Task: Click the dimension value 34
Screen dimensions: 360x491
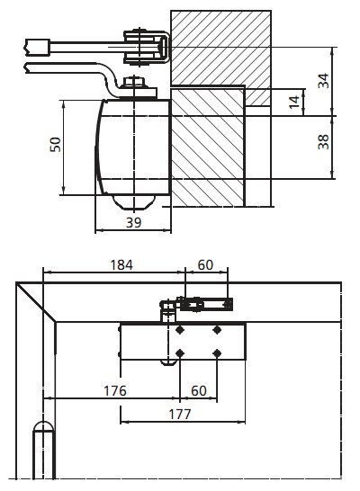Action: [324, 81]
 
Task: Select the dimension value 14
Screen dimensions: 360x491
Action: [294, 103]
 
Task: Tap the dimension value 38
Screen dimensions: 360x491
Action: [324, 142]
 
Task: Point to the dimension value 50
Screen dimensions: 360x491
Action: [56, 145]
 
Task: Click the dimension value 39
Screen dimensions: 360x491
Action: [134, 223]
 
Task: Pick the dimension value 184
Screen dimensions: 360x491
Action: [121, 265]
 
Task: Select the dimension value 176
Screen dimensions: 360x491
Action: [115, 391]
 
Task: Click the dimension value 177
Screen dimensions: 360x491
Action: [180, 415]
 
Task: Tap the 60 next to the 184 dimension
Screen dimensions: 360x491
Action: [205, 265]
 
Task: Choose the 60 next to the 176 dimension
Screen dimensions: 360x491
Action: [199, 391]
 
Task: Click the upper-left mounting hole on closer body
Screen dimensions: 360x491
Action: [180, 330]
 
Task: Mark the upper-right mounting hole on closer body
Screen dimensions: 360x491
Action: [217, 330]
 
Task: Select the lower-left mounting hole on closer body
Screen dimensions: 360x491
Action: [180, 353]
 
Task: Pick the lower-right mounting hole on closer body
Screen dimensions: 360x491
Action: [217, 353]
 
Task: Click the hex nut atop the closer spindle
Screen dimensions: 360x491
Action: [135, 83]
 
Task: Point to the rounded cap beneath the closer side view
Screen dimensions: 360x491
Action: [134, 202]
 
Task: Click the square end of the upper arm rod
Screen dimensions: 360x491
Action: [38, 48]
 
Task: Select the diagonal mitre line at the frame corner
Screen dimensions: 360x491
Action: [36, 302]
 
